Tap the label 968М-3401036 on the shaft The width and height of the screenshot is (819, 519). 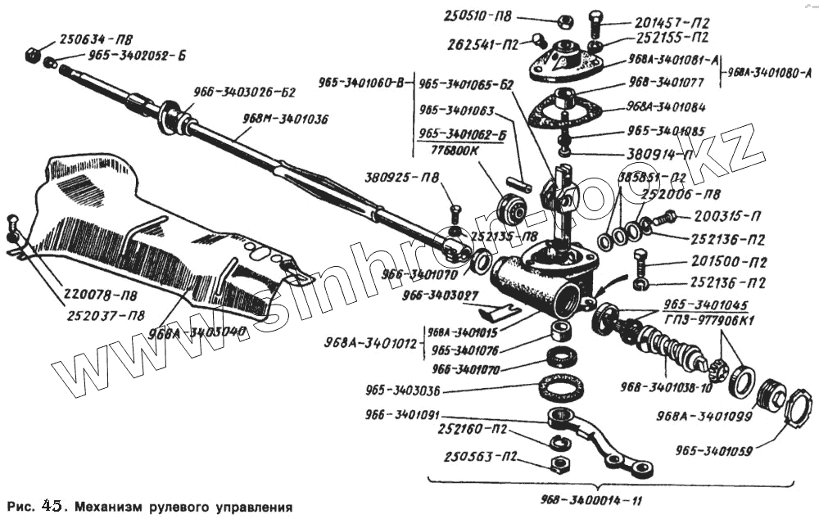(x=284, y=118)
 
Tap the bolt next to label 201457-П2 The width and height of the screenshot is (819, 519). (x=595, y=22)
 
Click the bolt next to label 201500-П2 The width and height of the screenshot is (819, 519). (x=639, y=264)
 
